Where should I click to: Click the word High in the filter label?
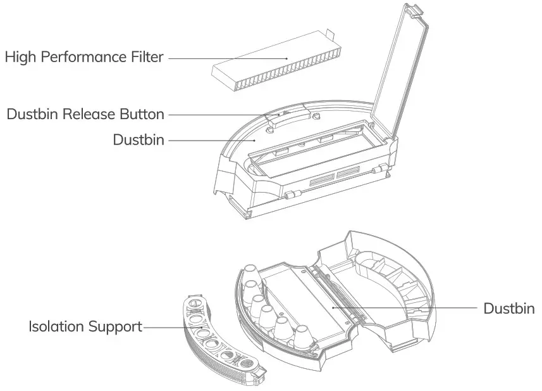click(20, 57)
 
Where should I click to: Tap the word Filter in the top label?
click(147, 57)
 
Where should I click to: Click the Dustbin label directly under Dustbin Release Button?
click(138, 140)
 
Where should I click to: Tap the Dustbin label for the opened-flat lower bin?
click(508, 309)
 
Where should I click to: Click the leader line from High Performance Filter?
click(228, 58)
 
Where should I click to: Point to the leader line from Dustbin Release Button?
click(221, 115)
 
